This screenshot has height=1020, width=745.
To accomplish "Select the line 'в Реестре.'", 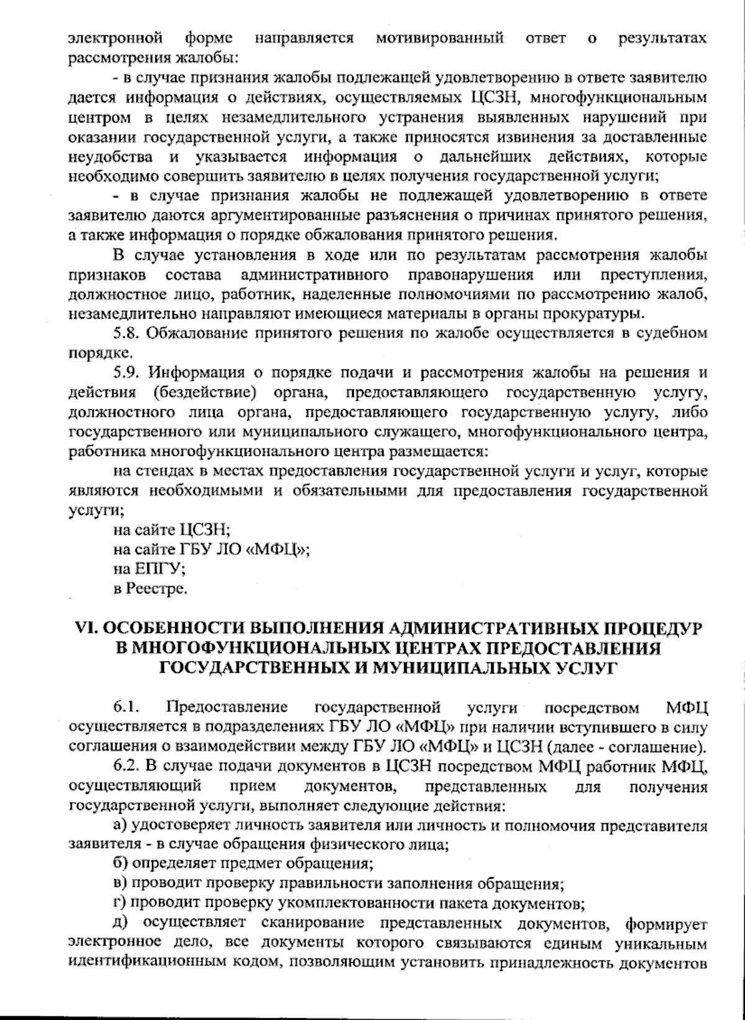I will pos(150,588).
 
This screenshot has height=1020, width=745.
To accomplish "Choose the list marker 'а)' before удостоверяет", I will pos(120,826).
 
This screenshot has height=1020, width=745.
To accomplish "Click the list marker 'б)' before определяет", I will pos(120,863).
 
